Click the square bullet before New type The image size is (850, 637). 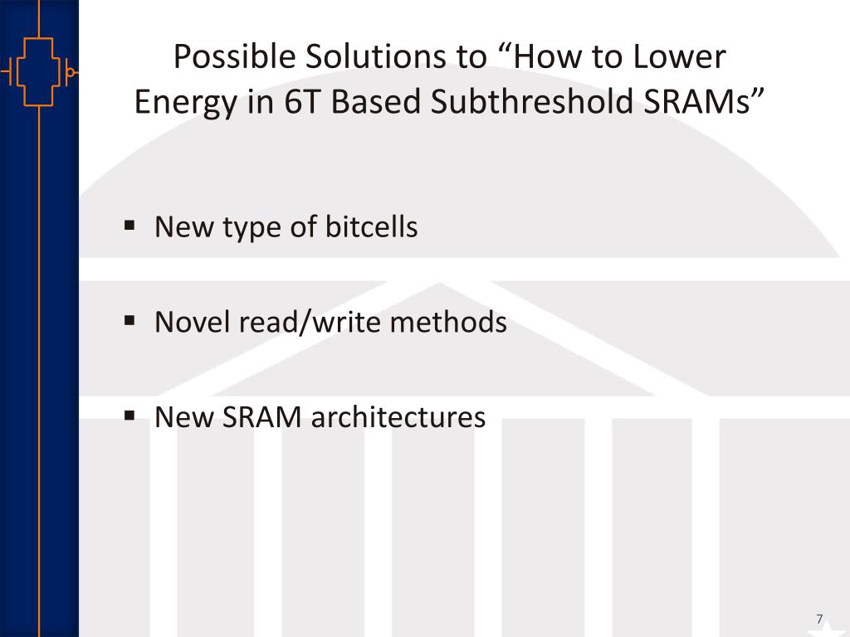click(130, 225)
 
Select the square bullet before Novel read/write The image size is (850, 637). click(130, 320)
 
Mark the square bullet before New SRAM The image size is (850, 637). click(130, 415)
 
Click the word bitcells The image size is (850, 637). click(370, 226)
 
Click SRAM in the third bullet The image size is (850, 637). click(261, 416)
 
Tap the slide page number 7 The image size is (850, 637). click(819, 619)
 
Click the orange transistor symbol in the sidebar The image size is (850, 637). click(39, 71)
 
